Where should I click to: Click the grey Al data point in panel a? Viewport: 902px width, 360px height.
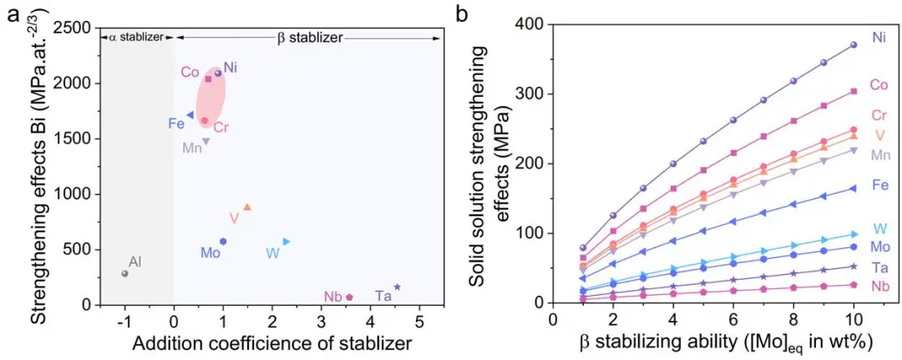(x=124, y=273)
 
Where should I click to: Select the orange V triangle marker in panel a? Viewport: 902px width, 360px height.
(x=247, y=207)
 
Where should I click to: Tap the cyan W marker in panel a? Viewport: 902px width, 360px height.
(x=286, y=241)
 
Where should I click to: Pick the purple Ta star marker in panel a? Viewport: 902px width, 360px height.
(x=398, y=287)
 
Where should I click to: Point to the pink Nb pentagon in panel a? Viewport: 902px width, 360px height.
(x=349, y=297)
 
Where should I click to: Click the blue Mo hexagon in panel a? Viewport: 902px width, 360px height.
(x=223, y=241)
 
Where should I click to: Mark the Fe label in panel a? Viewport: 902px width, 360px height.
(x=175, y=124)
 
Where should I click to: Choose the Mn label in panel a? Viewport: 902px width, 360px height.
(x=192, y=148)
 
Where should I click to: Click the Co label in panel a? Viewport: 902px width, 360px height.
(x=190, y=73)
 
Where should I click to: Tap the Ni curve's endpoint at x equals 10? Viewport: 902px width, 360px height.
(x=854, y=45)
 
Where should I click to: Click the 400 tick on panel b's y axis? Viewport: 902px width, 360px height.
(x=531, y=25)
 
